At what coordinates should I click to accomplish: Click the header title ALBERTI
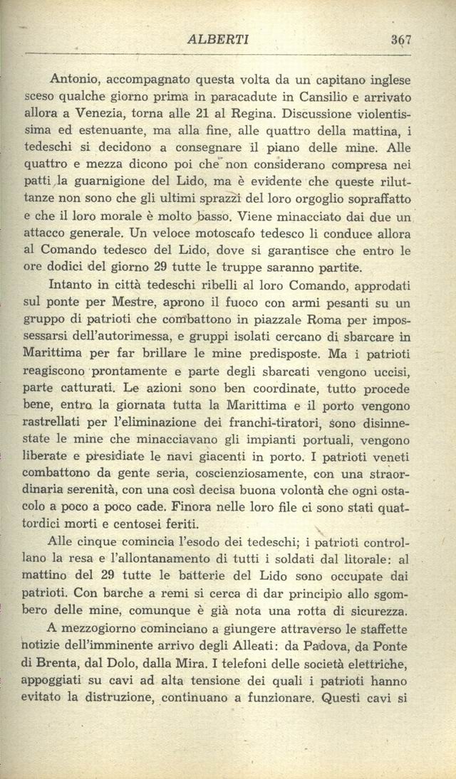click(217, 41)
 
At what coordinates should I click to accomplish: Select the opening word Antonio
click(73, 80)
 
